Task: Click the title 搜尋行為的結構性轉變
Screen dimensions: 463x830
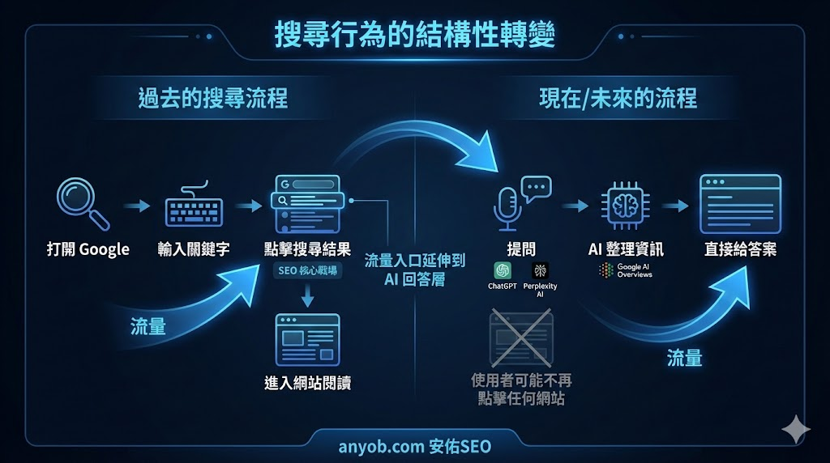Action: point(415,36)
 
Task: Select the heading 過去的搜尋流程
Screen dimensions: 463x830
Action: point(213,99)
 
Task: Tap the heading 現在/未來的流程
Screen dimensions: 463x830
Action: point(618,99)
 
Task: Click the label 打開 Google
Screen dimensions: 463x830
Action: point(88,249)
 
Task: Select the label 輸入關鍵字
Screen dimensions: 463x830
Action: point(194,249)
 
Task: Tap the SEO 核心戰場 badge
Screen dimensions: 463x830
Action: point(308,271)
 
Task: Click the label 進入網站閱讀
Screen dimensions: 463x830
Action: point(308,383)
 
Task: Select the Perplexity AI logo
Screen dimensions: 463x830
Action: point(540,271)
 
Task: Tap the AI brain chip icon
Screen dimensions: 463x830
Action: point(626,205)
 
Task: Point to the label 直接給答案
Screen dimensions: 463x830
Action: point(740,249)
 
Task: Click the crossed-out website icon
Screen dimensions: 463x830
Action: point(520,338)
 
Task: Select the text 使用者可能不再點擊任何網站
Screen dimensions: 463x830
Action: point(521,389)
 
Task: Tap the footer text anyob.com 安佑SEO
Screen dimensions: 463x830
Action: point(414,446)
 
